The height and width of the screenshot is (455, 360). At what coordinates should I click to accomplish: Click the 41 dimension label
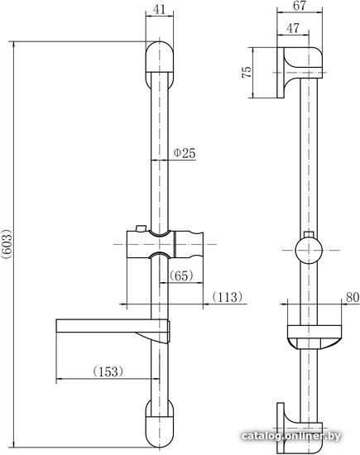pos(159,9)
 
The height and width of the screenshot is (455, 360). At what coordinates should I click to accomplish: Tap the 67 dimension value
pos(300,6)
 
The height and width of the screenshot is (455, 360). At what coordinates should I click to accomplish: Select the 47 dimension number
pos(293,28)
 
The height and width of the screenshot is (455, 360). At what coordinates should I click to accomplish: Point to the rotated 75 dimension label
pos(247,72)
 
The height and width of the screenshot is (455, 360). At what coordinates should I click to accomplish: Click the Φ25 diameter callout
pos(185,153)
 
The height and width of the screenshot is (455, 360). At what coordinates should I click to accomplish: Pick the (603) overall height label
pos(7,244)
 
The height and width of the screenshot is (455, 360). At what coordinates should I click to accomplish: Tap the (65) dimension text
pos(181,275)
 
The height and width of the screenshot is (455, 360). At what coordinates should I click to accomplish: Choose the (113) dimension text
pos(228,296)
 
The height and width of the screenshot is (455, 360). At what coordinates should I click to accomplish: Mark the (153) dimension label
pos(108,371)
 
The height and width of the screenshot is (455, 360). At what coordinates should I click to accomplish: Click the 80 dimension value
pos(353,297)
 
